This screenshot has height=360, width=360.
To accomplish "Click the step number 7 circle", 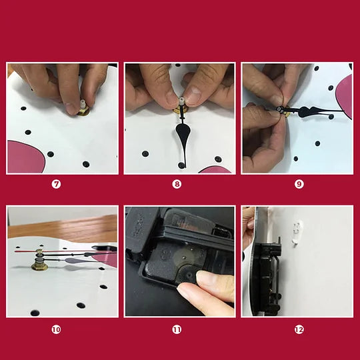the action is (x=56, y=184).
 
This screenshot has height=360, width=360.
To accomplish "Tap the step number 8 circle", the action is (x=177, y=184).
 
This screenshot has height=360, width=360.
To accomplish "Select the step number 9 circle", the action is (x=299, y=184).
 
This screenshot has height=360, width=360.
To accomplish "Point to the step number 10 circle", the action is (x=56, y=330).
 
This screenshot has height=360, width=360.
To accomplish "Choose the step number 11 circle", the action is (x=177, y=330).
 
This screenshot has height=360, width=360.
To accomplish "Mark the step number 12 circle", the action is (x=299, y=330).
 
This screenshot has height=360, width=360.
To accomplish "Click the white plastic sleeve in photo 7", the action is (x=82, y=105).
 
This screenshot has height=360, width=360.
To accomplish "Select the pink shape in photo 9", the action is (x=345, y=97).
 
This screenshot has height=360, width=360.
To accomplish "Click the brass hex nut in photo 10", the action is (x=39, y=266).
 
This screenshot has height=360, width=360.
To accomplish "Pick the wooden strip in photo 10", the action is (x=63, y=227).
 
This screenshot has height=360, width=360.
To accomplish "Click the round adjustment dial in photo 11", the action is (x=187, y=275).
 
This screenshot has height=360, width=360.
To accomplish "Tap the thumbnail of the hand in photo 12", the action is (x=250, y=225).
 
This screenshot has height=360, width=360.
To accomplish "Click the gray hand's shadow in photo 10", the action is (x=73, y=268).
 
